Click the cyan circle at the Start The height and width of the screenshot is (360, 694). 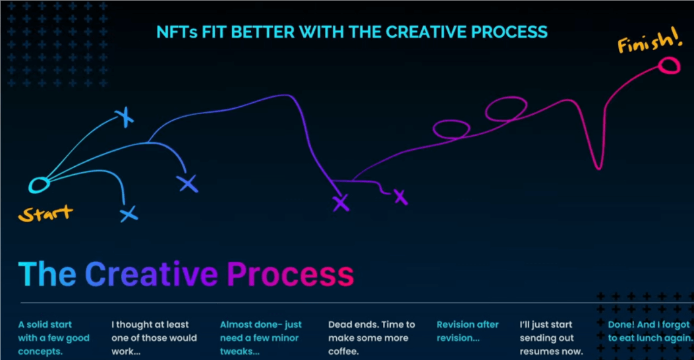[x=31, y=185]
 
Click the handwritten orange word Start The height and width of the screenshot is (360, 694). [x=45, y=214]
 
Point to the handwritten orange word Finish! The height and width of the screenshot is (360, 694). [x=649, y=42]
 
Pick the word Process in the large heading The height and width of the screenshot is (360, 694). [x=291, y=274]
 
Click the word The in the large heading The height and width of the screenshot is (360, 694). [x=47, y=274]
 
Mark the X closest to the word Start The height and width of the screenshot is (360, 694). [x=129, y=214]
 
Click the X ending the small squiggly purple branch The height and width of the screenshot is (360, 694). [x=401, y=197]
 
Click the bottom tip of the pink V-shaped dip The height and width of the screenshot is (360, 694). [x=598, y=168]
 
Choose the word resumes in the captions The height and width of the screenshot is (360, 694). [x=538, y=352]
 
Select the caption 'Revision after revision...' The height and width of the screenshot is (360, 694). [x=467, y=331]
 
